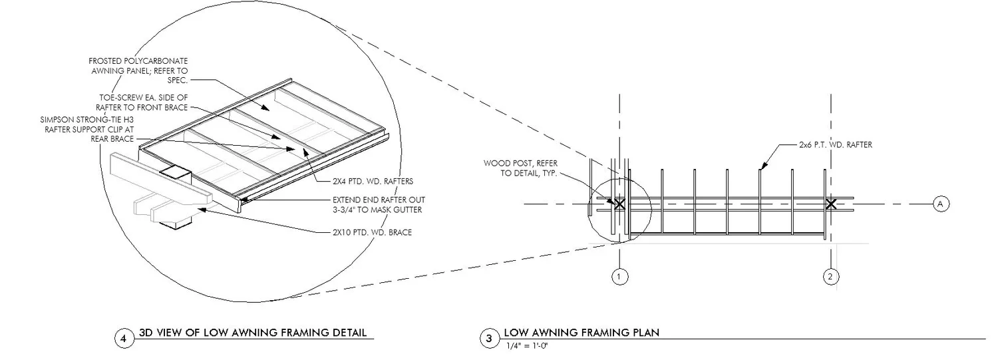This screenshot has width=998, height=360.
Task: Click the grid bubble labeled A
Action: (941, 204)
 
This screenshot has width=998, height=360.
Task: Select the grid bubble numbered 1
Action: (619, 275)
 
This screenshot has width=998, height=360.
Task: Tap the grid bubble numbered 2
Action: (830, 275)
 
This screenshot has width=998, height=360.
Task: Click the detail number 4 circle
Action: (123, 339)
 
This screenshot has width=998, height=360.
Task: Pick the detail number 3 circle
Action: (489, 339)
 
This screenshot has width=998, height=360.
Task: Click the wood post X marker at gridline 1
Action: (619, 204)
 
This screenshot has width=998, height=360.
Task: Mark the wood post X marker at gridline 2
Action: (830, 204)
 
